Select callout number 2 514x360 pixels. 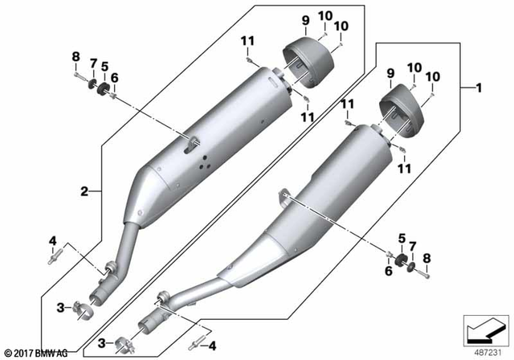[x=84, y=191]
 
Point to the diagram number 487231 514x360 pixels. [x=484, y=351]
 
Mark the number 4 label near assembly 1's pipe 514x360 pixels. [x=212, y=346]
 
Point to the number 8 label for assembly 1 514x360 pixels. [x=427, y=258]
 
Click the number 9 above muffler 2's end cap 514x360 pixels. [x=305, y=20]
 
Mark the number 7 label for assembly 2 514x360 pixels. [x=92, y=63]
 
